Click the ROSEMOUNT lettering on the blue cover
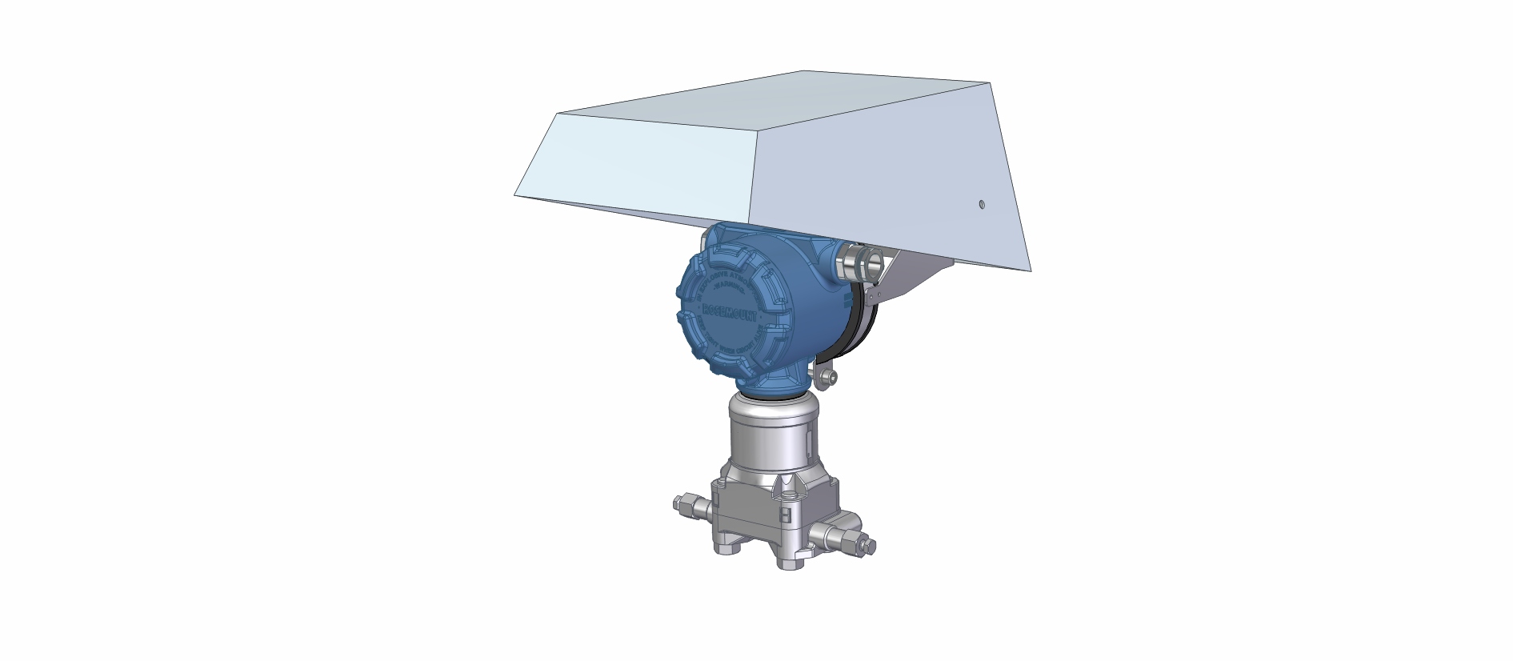[x=730, y=313]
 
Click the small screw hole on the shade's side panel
[x=982, y=204]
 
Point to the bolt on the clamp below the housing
[x=829, y=376]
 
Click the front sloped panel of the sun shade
[x=640, y=168]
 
